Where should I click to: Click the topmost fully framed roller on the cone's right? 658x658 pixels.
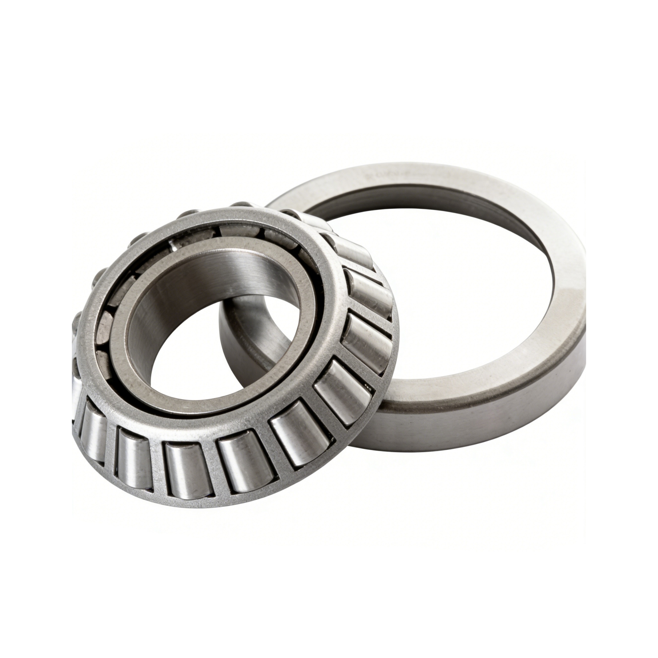tap(354, 252)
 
